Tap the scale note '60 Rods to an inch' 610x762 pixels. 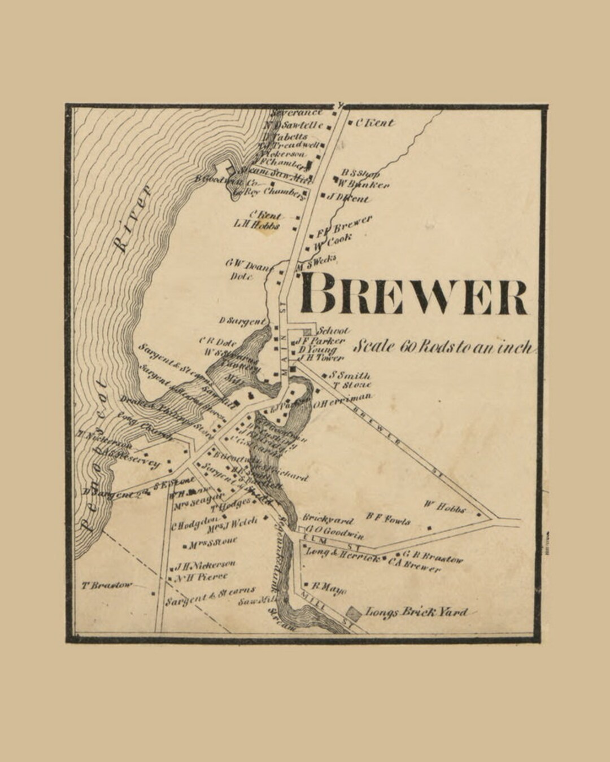[443, 347]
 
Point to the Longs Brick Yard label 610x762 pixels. [417, 612]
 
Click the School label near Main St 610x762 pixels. [334, 331]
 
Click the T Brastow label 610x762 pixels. [107, 585]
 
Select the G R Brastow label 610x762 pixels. [433, 557]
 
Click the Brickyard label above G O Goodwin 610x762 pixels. [328, 519]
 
